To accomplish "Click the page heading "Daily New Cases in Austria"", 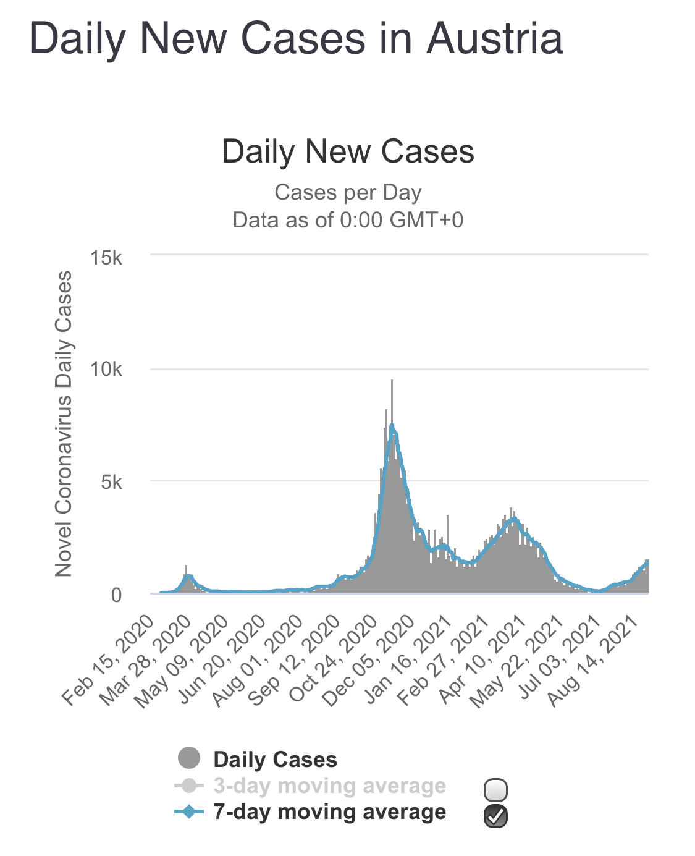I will (296, 38).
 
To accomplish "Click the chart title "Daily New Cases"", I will (348, 151).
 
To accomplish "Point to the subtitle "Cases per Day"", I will (348, 192).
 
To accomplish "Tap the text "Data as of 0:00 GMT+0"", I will (348, 219).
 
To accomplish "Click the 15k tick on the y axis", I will (106, 257).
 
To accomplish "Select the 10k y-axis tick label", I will (106, 370).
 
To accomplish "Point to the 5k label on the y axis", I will (111, 482).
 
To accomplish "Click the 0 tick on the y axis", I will (116, 595).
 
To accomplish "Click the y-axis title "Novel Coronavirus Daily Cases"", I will (63, 424).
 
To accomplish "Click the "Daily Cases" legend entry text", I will (275, 760).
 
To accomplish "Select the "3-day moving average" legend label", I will (329, 786).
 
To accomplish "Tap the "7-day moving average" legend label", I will (329, 812).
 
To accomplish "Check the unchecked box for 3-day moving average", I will (495, 789).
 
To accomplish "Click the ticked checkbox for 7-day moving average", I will (495, 816).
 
